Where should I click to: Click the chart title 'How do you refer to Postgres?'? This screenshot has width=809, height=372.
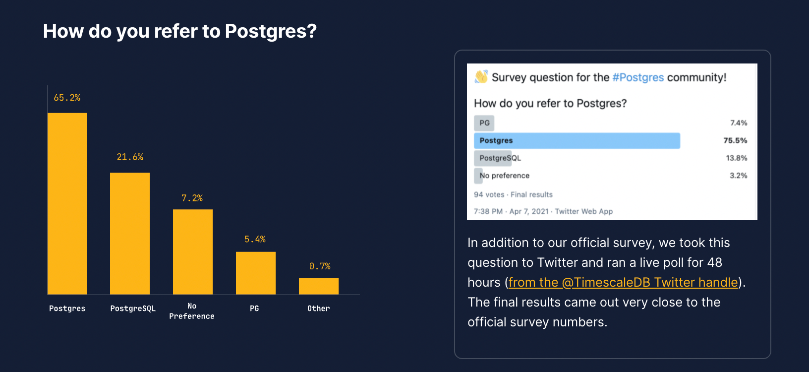click(179, 31)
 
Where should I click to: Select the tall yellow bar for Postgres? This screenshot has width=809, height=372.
click(67, 203)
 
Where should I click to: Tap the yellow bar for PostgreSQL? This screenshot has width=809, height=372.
click(130, 233)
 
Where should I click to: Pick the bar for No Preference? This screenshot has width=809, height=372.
click(193, 251)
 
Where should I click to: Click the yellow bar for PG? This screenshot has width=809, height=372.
click(256, 273)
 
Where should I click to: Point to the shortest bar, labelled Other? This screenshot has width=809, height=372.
click(319, 286)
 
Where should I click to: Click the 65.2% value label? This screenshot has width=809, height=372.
click(67, 98)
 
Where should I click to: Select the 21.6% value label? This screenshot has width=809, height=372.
click(130, 157)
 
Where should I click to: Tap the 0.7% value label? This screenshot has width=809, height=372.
click(320, 266)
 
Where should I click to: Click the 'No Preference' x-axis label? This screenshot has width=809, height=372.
click(192, 311)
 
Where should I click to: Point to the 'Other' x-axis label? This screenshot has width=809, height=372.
click(318, 309)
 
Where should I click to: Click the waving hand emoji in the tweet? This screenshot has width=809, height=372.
click(481, 77)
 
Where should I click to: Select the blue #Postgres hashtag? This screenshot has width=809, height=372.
click(638, 77)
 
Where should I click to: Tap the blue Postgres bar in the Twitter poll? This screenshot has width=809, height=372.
click(577, 141)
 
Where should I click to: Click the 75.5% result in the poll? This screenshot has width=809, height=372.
click(735, 140)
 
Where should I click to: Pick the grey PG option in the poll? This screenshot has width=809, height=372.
click(484, 123)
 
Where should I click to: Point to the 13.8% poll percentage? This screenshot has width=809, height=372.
click(737, 158)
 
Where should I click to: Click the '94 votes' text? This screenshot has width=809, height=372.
click(489, 195)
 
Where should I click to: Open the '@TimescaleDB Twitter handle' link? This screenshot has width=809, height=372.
click(623, 282)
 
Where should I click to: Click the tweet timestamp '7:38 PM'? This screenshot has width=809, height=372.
click(488, 211)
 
